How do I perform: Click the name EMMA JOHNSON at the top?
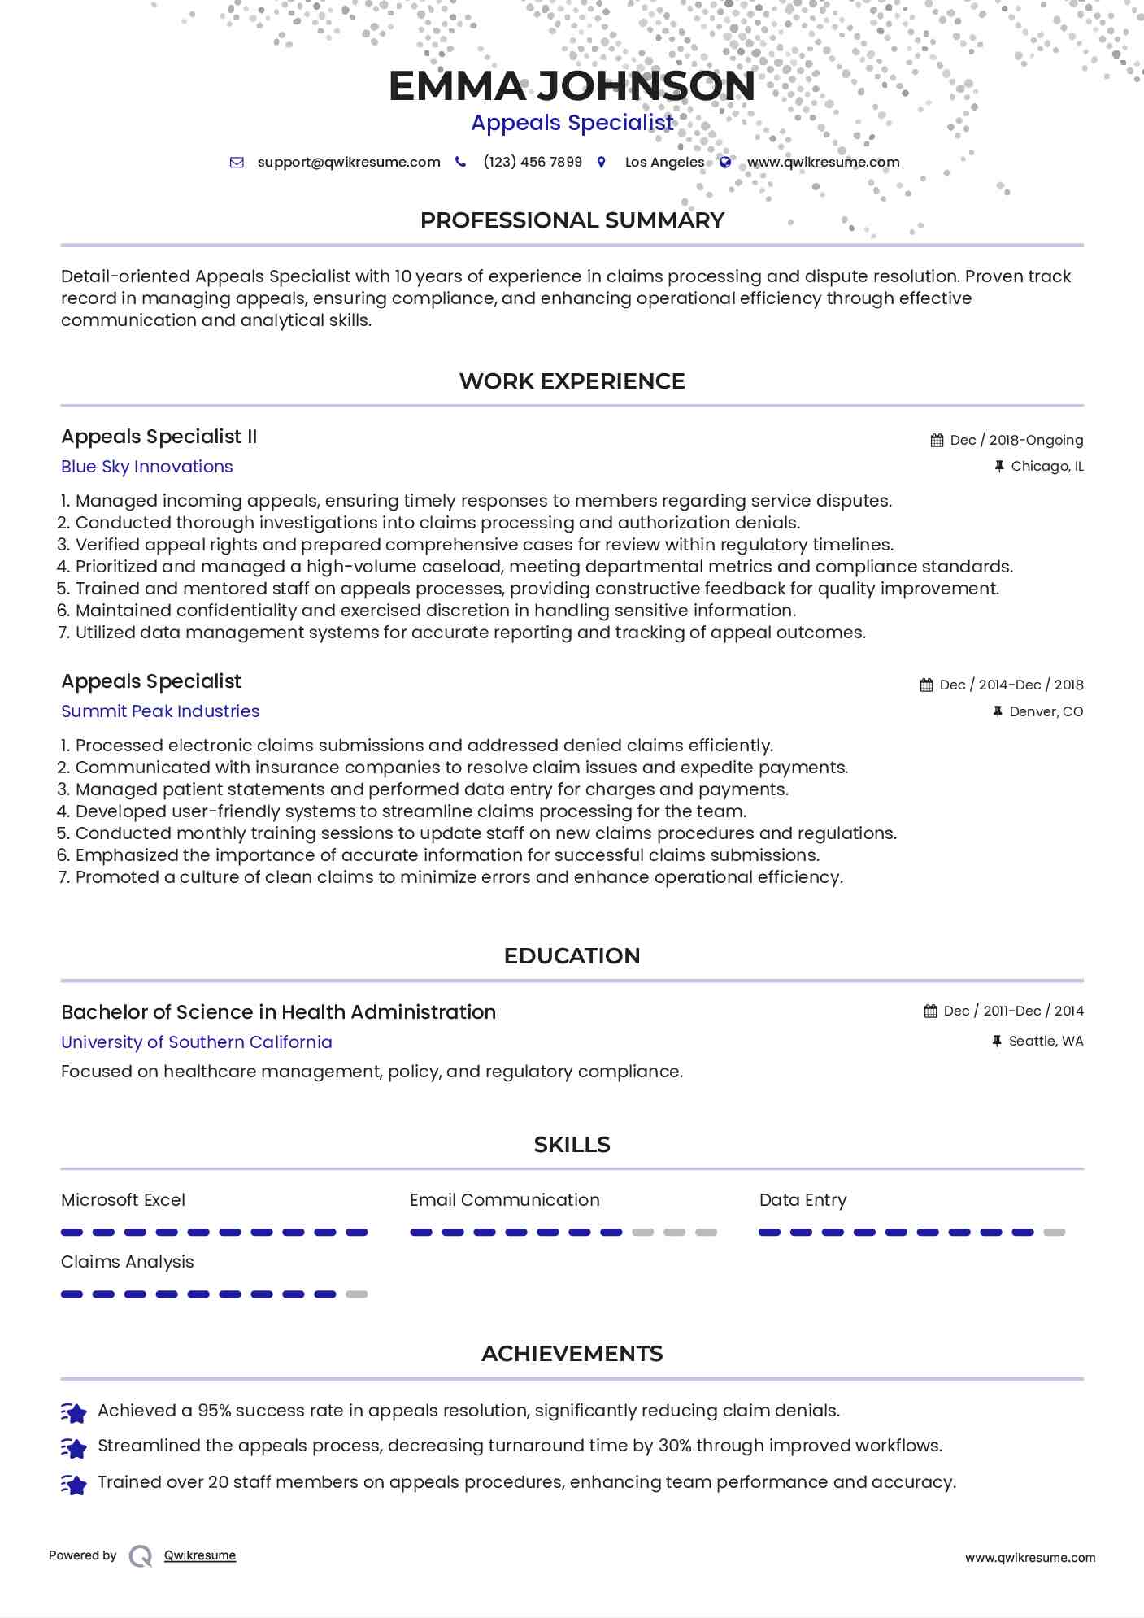[x=572, y=86]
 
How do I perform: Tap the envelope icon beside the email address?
[x=237, y=163]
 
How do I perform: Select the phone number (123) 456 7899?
[x=533, y=162]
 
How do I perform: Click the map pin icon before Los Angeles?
[x=602, y=162]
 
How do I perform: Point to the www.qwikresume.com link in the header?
[x=823, y=162]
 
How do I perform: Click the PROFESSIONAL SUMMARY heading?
[x=572, y=220]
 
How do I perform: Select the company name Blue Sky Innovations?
[x=147, y=467]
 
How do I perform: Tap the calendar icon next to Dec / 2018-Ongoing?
[x=937, y=441]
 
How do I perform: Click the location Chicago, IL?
[x=1047, y=467]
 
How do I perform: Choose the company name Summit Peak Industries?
[x=160, y=711]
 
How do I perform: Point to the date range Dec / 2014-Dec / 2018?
[x=1011, y=685]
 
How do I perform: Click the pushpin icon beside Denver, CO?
[x=998, y=712]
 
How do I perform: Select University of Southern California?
[x=197, y=1042]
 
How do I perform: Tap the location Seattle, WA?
[x=1046, y=1042]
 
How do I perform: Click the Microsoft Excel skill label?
[x=123, y=1200]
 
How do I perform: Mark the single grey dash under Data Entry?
[x=1055, y=1233]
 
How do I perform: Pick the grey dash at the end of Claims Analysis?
[x=357, y=1294]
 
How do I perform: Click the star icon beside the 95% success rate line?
[x=74, y=1413]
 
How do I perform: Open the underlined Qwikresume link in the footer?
[x=200, y=1555]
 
